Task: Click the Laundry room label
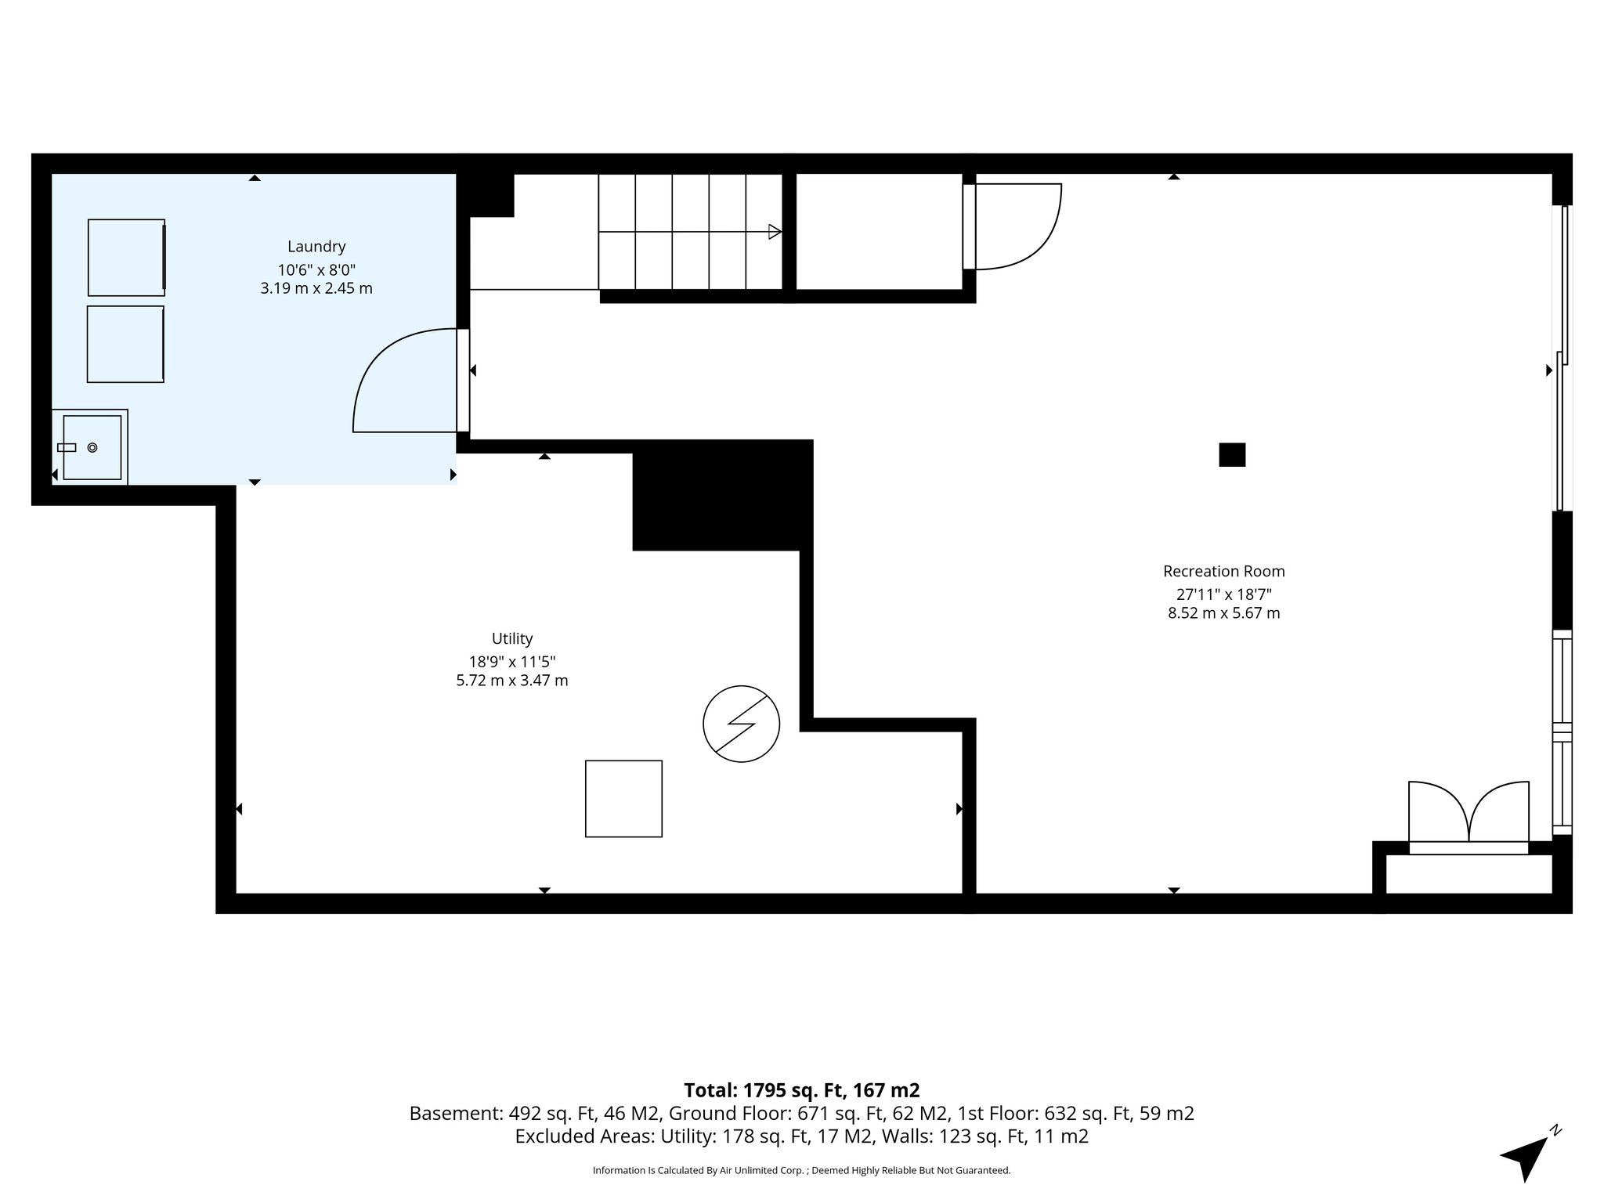point(316,247)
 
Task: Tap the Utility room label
point(512,639)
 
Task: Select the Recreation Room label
point(1223,572)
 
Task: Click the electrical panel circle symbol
point(741,724)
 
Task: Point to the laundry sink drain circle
point(92,447)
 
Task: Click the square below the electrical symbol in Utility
point(623,799)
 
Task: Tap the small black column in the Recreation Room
point(1232,455)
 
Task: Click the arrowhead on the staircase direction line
point(775,232)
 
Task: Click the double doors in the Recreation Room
point(1469,815)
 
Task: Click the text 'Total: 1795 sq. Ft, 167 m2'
point(801,1090)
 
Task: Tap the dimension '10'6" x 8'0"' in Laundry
point(316,269)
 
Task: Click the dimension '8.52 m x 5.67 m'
point(1223,613)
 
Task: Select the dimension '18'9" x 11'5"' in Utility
point(512,662)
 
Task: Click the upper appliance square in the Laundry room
point(126,258)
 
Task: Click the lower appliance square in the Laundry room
point(125,344)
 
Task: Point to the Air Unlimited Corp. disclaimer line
point(801,1171)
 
